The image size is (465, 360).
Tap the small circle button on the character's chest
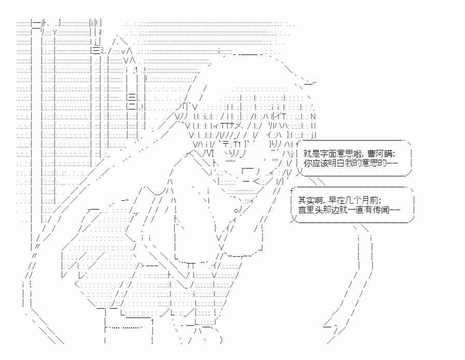236,210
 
